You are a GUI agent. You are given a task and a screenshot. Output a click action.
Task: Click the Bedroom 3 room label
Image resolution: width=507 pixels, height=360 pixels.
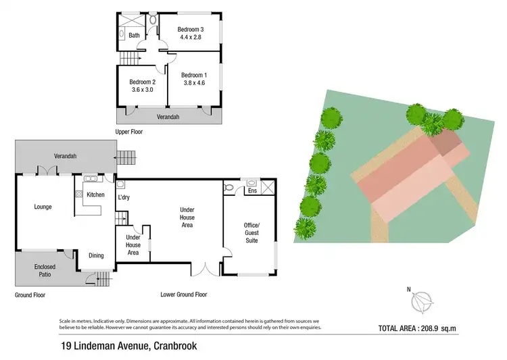click(191, 29)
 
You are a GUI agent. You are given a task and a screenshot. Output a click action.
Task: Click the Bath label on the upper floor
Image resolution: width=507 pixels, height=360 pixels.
click(134, 35)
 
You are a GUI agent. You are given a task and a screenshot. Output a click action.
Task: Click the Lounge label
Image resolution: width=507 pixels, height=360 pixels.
click(43, 207)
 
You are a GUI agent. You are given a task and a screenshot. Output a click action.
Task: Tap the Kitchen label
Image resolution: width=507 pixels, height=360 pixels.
click(95, 195)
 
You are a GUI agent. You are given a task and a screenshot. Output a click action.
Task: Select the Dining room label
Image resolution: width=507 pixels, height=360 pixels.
click(97, 255)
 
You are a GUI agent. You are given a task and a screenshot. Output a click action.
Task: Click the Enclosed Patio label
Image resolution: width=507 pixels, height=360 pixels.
click(45, 271)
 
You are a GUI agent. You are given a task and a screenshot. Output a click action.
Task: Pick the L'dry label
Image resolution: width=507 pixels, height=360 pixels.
click(124, 197)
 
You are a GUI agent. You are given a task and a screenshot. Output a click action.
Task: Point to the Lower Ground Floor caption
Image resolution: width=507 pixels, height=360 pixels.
click(183, 294)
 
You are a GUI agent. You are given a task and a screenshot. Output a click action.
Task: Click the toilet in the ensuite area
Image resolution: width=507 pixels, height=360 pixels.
click(229, 187)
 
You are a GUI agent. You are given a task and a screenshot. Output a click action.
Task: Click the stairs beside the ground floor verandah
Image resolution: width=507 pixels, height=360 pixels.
click(126, 157)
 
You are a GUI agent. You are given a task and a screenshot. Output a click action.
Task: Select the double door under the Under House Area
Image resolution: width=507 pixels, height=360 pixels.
click(206, 270)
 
